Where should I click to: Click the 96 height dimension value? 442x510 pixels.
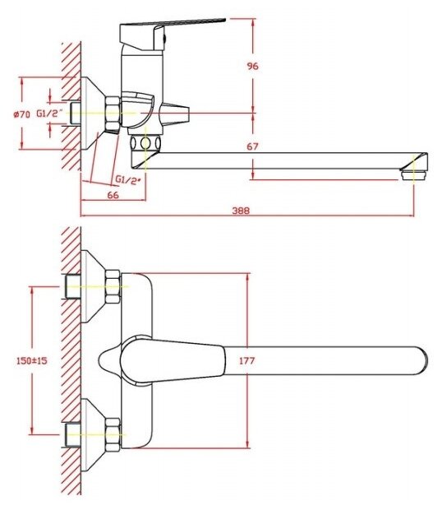pos(253,66)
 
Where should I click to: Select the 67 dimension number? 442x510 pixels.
pos(252,146)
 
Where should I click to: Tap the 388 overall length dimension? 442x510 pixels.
pos(241,211)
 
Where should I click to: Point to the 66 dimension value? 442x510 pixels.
pos(113,195)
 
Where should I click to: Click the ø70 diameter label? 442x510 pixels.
pos(21,114)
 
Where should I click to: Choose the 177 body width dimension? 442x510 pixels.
pos(247,360)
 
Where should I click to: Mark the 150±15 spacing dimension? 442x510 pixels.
pos(32,360)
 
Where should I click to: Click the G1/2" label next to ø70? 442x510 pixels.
pos(48,114)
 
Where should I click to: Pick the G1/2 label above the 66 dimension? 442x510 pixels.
pos(128,179)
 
